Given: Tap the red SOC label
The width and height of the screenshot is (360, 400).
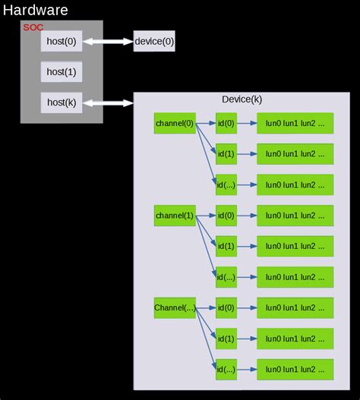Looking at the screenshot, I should point(33,27).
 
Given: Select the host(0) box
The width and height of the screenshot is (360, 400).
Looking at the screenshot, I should point(61,42).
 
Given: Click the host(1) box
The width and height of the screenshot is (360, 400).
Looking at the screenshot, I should point(61,72).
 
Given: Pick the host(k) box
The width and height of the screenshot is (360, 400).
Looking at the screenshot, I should point(61,102).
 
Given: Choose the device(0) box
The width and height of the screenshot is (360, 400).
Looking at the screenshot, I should point(154,42).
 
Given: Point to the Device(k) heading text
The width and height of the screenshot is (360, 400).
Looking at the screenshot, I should point(242,99).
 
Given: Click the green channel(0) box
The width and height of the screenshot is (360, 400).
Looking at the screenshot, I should point(175,123).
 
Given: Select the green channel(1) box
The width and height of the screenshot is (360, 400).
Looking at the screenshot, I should point(175,216).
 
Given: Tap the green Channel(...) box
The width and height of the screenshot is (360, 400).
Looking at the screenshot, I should point(175,307).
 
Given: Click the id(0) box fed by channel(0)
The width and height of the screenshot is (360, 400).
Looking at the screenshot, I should point(226,123).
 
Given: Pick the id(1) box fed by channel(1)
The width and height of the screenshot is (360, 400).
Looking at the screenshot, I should point(226,246).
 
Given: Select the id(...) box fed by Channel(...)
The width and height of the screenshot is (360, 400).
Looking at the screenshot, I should point(226,370).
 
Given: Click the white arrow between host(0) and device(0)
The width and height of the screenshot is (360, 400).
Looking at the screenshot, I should point(108,42).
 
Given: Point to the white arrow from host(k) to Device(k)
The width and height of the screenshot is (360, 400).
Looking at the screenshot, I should point(108,102).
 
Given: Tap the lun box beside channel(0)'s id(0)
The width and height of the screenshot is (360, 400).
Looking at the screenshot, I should point(295,123).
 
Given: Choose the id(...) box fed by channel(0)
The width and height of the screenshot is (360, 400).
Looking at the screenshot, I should point(226,184).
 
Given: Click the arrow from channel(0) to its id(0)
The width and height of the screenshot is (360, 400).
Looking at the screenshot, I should point(206,123).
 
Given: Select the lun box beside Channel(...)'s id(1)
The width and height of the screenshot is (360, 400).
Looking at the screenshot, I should point(295,339).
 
